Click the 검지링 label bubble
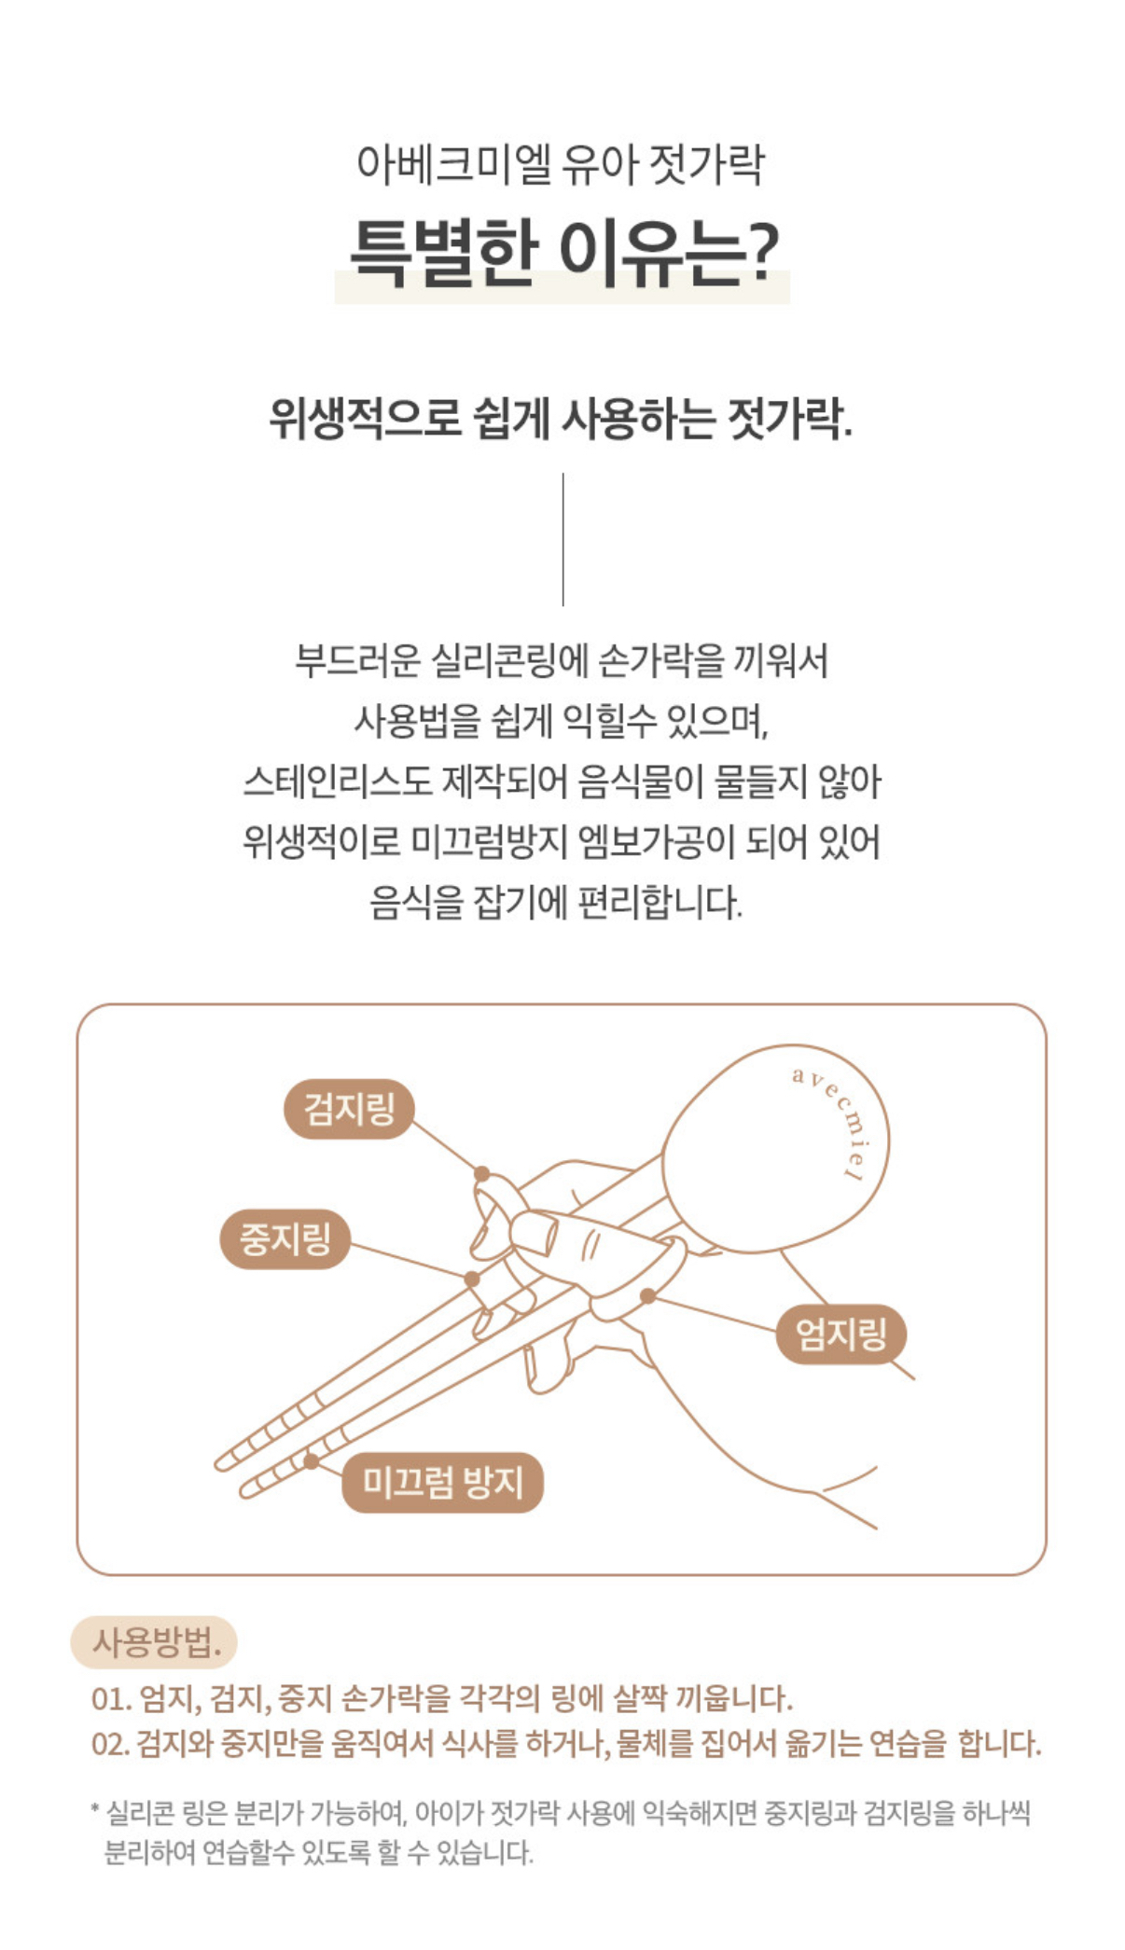[349, 1109]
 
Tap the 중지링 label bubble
[285, 1238]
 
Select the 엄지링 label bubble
[840, 1334]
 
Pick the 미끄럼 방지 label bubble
[442, 1482]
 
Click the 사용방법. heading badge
[154, 1642]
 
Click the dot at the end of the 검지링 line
[481, 1174]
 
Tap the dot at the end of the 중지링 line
[472, 1279]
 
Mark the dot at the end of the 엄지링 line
[647, 1295]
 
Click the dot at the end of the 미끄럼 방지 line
[312, 1461]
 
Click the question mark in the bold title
[763, 252]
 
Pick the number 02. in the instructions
[111, 1743]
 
